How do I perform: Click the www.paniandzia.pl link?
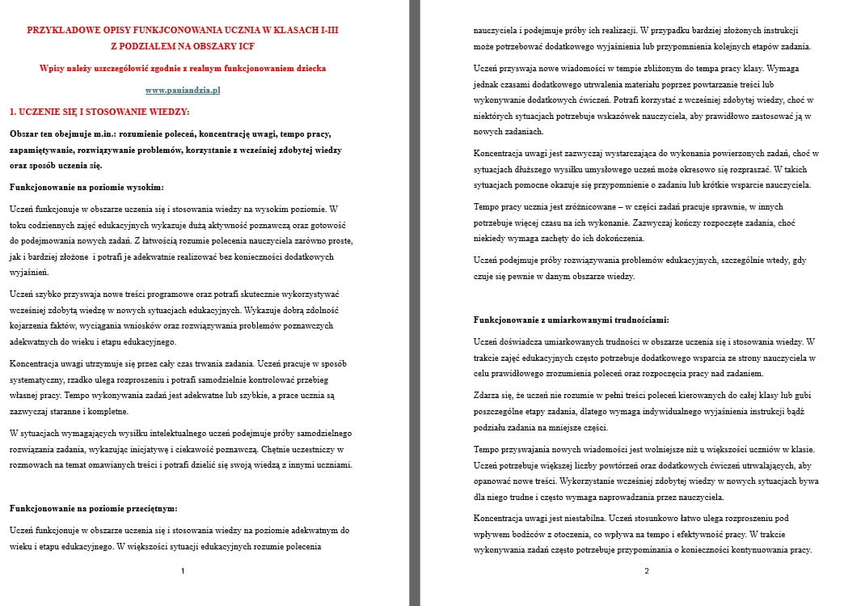[x=183, y=90]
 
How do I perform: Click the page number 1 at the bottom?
[x=183, y=571]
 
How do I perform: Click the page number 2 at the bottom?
[x=647, y=571]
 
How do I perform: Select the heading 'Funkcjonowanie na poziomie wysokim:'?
[x=87, y=187]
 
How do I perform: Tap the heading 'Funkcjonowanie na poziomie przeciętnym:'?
[x=93, y=508]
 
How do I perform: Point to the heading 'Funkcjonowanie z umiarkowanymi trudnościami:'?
[x=571, y=320]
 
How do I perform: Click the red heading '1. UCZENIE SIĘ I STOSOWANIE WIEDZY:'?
[x=99, y=112]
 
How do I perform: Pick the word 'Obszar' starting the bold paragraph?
[x=25, y=133]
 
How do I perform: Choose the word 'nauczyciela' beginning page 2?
[x=495, y=29]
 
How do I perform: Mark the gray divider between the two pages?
[x=415, y=303]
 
